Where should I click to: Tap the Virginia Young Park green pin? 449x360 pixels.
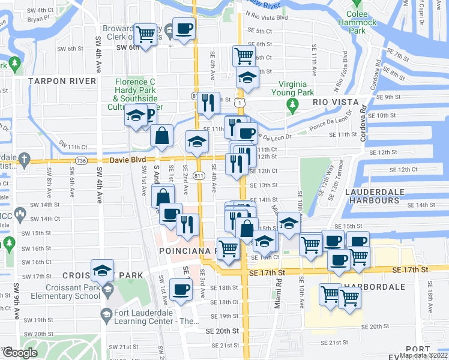[293, 107]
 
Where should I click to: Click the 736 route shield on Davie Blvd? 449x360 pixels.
[82, 160]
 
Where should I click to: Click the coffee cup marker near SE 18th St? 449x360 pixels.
[181, 289]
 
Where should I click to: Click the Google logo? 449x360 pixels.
[19, 353]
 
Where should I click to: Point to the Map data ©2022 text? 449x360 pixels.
[423, 355]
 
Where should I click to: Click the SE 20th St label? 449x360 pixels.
[221, 331]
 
